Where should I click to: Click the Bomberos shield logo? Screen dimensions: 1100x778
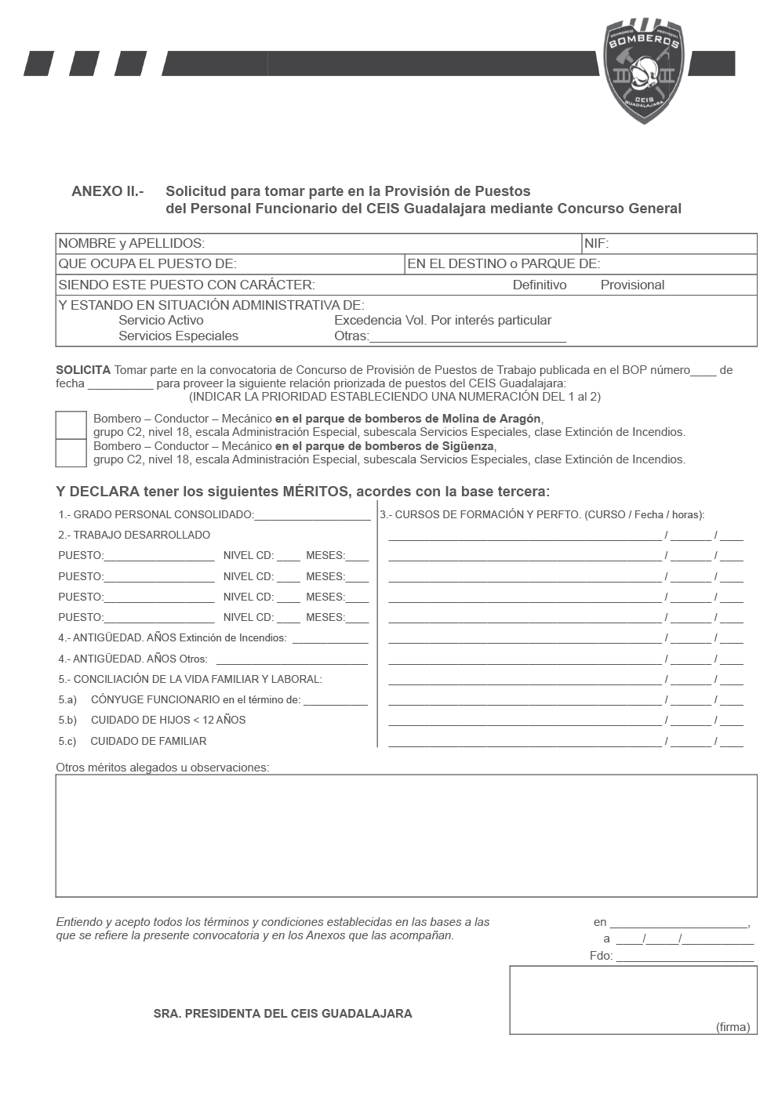(x=643, y=71)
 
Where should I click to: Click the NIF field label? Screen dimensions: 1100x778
(x=596, y=244)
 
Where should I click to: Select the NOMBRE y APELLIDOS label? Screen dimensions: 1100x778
(x=132, y=244)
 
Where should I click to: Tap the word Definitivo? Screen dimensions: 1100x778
(x=540, y=285)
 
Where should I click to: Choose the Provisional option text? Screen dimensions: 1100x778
(x=632, y=285)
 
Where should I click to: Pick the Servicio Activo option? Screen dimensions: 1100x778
(x=161, y=320)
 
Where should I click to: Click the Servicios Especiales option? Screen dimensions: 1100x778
(x=178, y=336)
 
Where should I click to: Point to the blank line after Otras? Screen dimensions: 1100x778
(x=467, y=338)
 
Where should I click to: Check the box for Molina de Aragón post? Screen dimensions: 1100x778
(x=71, y=425)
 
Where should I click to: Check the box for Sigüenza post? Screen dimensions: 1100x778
(x=71, y=452)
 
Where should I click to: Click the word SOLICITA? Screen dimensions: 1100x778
(x=83, y=370)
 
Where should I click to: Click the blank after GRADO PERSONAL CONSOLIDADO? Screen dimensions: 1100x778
(x=312, y=516)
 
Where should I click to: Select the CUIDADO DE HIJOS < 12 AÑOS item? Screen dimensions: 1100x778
(x=168, y=720)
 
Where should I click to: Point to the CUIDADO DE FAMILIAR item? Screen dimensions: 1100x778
(x=148, y=741)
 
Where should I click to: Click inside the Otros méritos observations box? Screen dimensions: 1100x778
(x=405, y=835)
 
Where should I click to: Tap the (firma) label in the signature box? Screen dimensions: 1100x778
(x=733, y=1027)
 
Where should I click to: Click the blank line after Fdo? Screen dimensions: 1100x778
(x=685, y=957)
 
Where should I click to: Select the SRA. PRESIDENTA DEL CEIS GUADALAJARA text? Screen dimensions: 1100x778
(x=282, y=1014)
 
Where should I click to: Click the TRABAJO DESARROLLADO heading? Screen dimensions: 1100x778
(x=141, y=535)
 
